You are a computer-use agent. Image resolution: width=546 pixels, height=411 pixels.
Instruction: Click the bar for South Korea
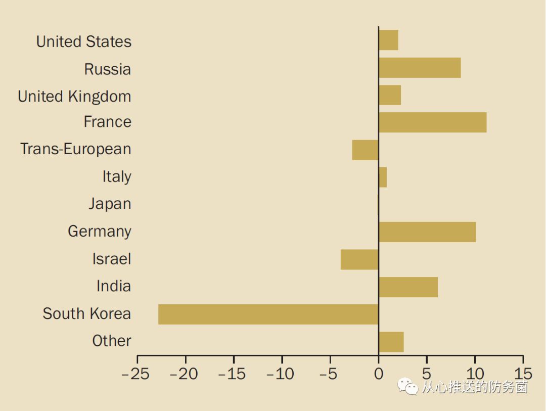click(x=268, y=314)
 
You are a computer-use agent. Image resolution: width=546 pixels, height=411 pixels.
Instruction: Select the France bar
click(x=432, y=122)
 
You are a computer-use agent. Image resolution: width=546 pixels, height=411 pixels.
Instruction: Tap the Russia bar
click(x=420, y=68)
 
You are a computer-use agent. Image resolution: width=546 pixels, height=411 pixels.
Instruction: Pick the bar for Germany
click(x=427, y=232)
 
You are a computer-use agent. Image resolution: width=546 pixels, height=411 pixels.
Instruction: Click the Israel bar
click(x=359, y=259)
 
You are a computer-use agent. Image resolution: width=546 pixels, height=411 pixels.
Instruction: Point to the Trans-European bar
click(x=365, y=150)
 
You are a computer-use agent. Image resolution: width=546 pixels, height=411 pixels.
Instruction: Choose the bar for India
click(x=408, y=287)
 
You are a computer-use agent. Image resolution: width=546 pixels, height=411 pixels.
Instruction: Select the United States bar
click(x=388, y=40)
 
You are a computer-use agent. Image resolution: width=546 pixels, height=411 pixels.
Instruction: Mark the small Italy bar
click(x=383, y=177)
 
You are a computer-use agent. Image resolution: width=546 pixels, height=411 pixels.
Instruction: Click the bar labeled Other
click(x=391, y=342)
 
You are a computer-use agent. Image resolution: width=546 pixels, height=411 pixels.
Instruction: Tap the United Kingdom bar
click(x=390, y=95)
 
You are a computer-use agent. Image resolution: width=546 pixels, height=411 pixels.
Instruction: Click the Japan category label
click(x=110, y=204)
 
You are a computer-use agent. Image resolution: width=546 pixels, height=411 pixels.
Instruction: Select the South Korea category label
click(x=86, y=314)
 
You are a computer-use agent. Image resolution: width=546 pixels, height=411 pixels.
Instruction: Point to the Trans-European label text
click(x=75, y=150)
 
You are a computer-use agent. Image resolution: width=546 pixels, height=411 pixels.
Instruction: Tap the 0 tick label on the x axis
click(x=378, y=375)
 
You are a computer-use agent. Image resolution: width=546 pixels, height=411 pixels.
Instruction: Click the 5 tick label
click(x=427, y=375)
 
